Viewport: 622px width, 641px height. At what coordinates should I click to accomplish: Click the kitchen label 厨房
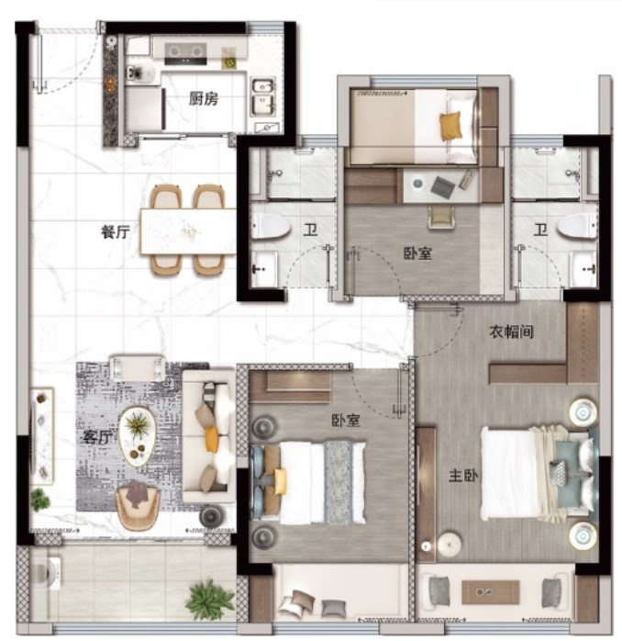point(203,98)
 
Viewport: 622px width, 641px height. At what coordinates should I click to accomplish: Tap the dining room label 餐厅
point(116,231)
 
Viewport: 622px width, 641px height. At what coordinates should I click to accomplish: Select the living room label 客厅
point(97,437)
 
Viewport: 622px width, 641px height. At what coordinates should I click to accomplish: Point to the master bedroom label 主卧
point(463,476)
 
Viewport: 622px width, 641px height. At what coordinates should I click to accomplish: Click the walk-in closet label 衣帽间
point(511,332)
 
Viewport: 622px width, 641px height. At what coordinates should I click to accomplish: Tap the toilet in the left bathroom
point(271,226)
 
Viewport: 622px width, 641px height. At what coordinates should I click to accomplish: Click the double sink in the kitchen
point(263,97)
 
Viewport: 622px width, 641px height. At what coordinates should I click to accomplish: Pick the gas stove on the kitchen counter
point(185,54)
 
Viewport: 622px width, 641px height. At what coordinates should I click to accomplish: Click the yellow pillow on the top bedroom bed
point(450,127)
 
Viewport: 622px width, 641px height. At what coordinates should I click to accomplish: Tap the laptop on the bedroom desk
point(443,186)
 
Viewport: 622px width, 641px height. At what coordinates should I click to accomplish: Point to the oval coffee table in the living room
point(138,436)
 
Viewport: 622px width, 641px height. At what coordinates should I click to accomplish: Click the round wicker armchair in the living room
point(138,505)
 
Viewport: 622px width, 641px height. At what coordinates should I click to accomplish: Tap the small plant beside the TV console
point(40,500)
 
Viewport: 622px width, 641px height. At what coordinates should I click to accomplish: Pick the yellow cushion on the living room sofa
point(211,439)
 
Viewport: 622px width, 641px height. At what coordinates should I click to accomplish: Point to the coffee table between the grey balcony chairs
point(491,592)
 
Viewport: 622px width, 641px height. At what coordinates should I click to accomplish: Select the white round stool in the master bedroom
point(450,544)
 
